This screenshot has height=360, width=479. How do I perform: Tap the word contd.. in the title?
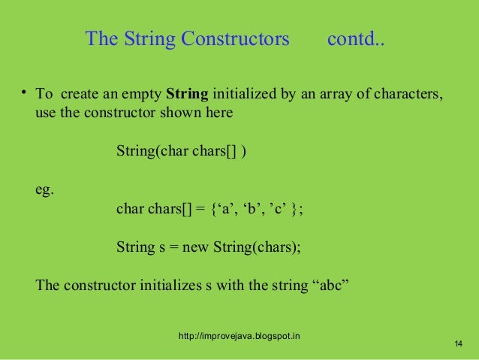tap(356, 38)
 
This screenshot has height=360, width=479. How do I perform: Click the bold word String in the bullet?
tap(188, 95)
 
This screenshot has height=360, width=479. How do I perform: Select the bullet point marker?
tap(25, 93)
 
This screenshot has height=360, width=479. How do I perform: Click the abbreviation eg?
tap(45, 190)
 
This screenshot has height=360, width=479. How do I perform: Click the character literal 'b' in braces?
tap(252, 209)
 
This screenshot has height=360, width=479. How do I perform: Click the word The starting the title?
tap(100, 38)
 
